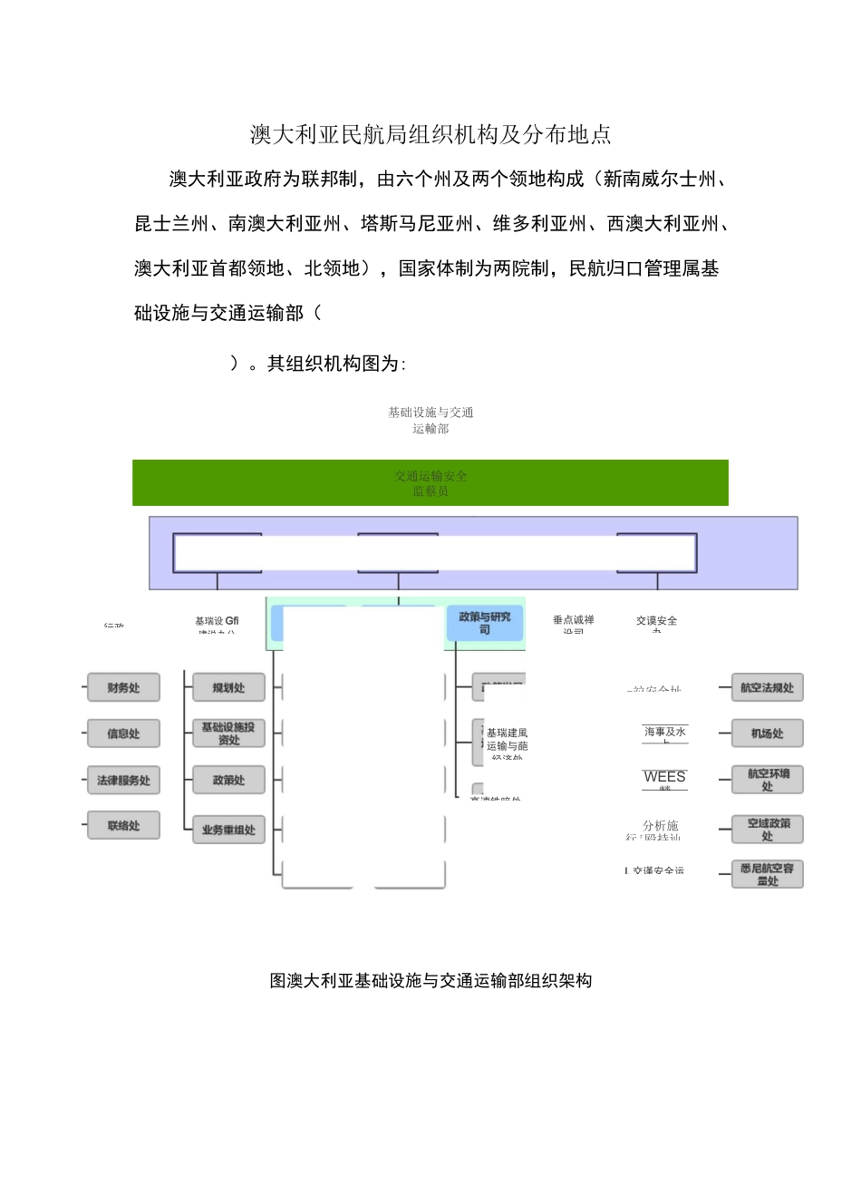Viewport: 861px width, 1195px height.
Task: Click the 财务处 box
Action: [123, 688]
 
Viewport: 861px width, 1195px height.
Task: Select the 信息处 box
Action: [123, 734]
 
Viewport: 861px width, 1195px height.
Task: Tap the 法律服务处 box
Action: [123, 780]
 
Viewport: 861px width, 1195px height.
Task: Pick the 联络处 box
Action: [123, 826]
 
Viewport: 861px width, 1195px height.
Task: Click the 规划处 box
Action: [228, 688]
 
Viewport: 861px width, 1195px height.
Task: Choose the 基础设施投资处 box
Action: [228, 734]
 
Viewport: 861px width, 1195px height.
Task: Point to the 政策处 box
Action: [228, 780]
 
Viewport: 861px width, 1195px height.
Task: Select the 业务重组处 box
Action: [228, 830]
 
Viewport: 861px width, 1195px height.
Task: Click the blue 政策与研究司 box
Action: [485, 623]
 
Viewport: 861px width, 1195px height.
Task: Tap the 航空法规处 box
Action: [767, 688]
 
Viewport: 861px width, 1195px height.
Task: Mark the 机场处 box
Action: [767, 734]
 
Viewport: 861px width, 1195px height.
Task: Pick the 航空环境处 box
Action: [767, 780]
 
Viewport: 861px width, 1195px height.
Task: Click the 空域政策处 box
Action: [767, 830]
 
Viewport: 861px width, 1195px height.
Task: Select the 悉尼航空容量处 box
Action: [767, 874]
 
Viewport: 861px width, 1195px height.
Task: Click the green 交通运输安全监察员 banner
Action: [430, 482]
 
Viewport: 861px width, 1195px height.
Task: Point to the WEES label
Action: [664, 777]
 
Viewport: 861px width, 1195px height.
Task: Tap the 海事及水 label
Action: [664, 732]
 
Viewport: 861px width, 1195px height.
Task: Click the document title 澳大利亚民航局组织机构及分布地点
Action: [430, 135]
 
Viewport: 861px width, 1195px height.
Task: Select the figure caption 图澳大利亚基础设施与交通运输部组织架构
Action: [430, 980]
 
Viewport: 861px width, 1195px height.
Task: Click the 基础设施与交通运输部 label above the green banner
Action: [430, 420]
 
